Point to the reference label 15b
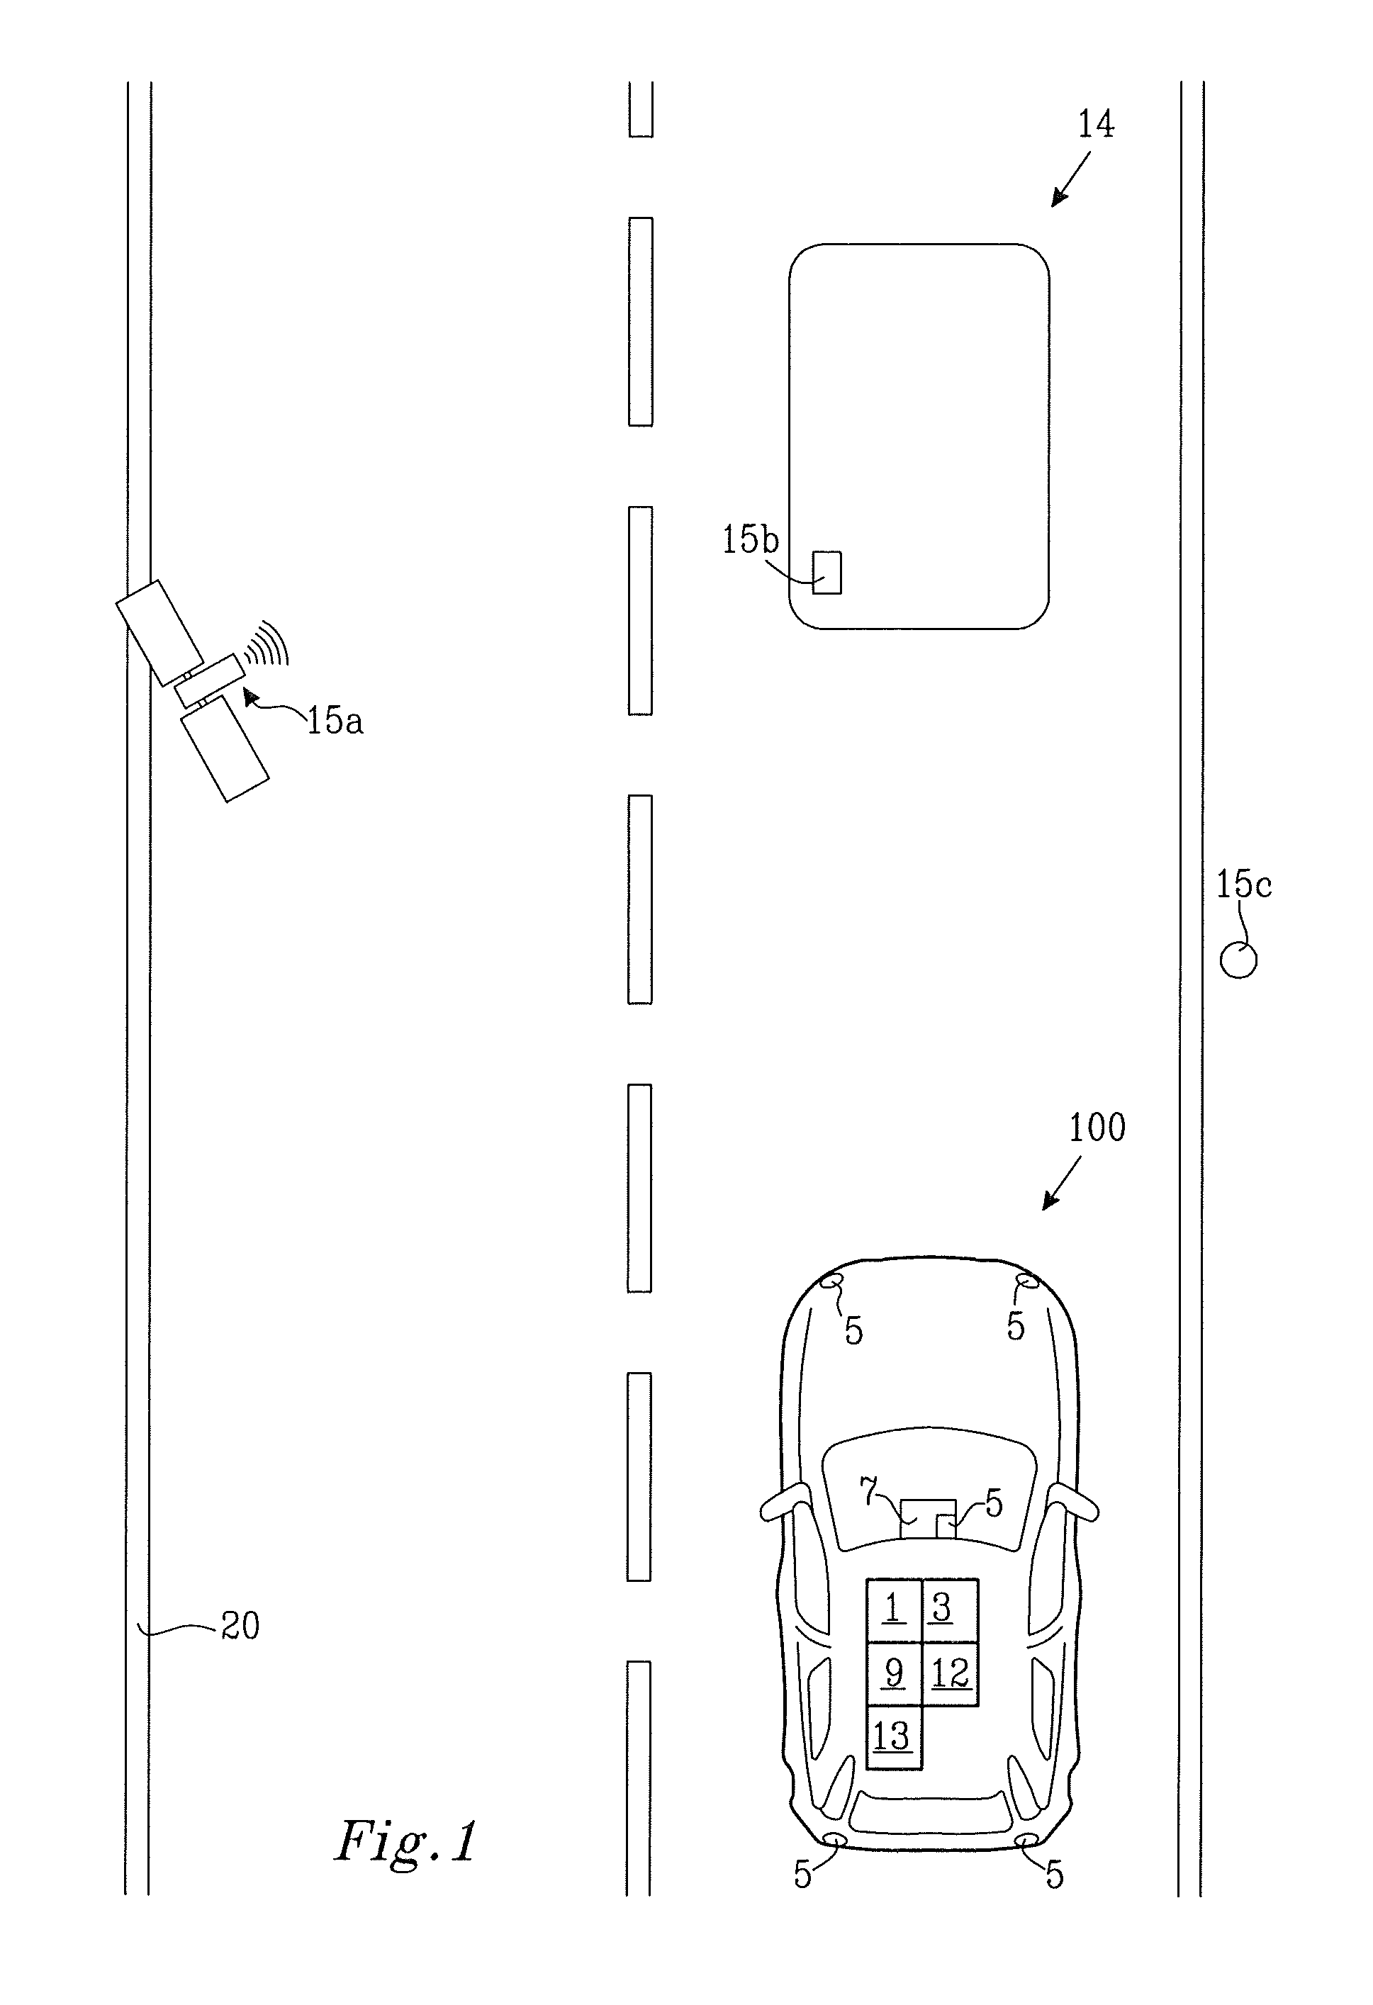tap(750, 540)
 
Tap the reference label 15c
tap(1243, 884)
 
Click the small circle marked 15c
tap(1238, 960)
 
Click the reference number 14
tap(1096, 125)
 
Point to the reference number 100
tap(1097, 1128)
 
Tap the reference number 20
tap(240, 1627)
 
